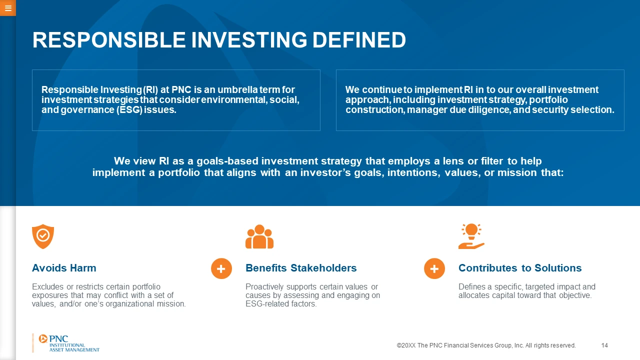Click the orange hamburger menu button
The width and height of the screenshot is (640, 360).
point(7,8)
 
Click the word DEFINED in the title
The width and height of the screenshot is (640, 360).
point(359,40)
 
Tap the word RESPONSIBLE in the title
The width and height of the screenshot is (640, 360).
point(109,40)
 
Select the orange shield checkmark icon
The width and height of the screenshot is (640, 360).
point(43,236)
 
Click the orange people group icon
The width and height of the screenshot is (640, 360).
point(259,236)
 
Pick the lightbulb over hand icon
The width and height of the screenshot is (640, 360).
point(471,236)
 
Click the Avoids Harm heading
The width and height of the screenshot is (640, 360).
point(64,268)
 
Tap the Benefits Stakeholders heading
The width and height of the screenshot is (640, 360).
point(301,268)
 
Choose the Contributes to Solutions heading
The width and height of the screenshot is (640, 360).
point(520,268)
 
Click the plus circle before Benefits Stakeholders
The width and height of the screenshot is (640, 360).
point(221,268)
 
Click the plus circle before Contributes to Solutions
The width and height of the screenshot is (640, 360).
point(434,268)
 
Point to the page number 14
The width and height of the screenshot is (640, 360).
point(604,345)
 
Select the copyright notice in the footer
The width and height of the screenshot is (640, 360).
point(486,345)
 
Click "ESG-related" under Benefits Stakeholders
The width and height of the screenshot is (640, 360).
point(267,303)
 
